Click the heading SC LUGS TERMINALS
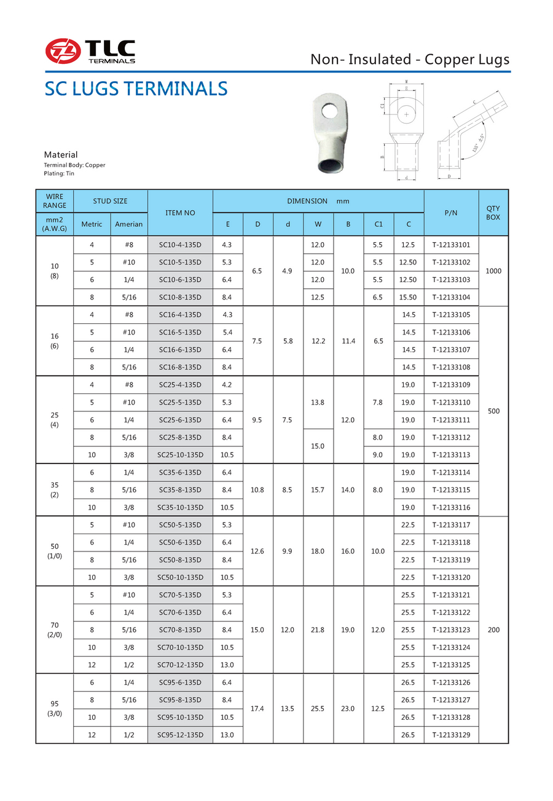(136, 89)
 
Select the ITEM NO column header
(180, 213)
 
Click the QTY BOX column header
(493, 213)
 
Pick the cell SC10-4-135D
(180, 245)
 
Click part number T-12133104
(451, 297)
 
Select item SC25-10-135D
(180, 455)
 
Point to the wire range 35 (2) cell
(55, 489)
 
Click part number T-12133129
(451, 735)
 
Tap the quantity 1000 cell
(493, 270)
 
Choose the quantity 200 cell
(493, 629)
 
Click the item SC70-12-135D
(180, 665)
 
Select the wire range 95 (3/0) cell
(55, 708)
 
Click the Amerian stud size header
(129, 224)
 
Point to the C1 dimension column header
(378, 224)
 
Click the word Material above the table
(61, 155)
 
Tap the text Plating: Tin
(59, 174)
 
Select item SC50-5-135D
(180, 525)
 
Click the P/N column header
(451, 213)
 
